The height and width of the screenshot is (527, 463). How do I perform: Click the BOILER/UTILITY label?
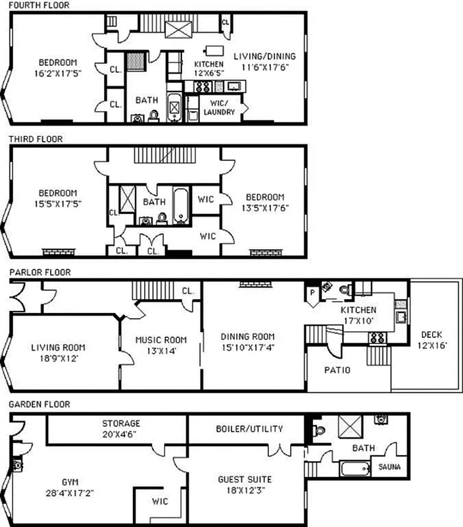[249, 429]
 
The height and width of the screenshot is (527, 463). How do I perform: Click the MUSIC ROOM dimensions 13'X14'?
[160, 350]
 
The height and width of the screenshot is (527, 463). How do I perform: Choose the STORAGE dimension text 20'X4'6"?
[120, 433]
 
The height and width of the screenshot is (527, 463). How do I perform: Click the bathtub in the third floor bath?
[181, 206]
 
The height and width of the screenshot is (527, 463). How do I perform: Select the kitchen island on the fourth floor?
[214, 49]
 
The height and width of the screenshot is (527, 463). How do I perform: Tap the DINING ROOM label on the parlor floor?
[243, 336]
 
